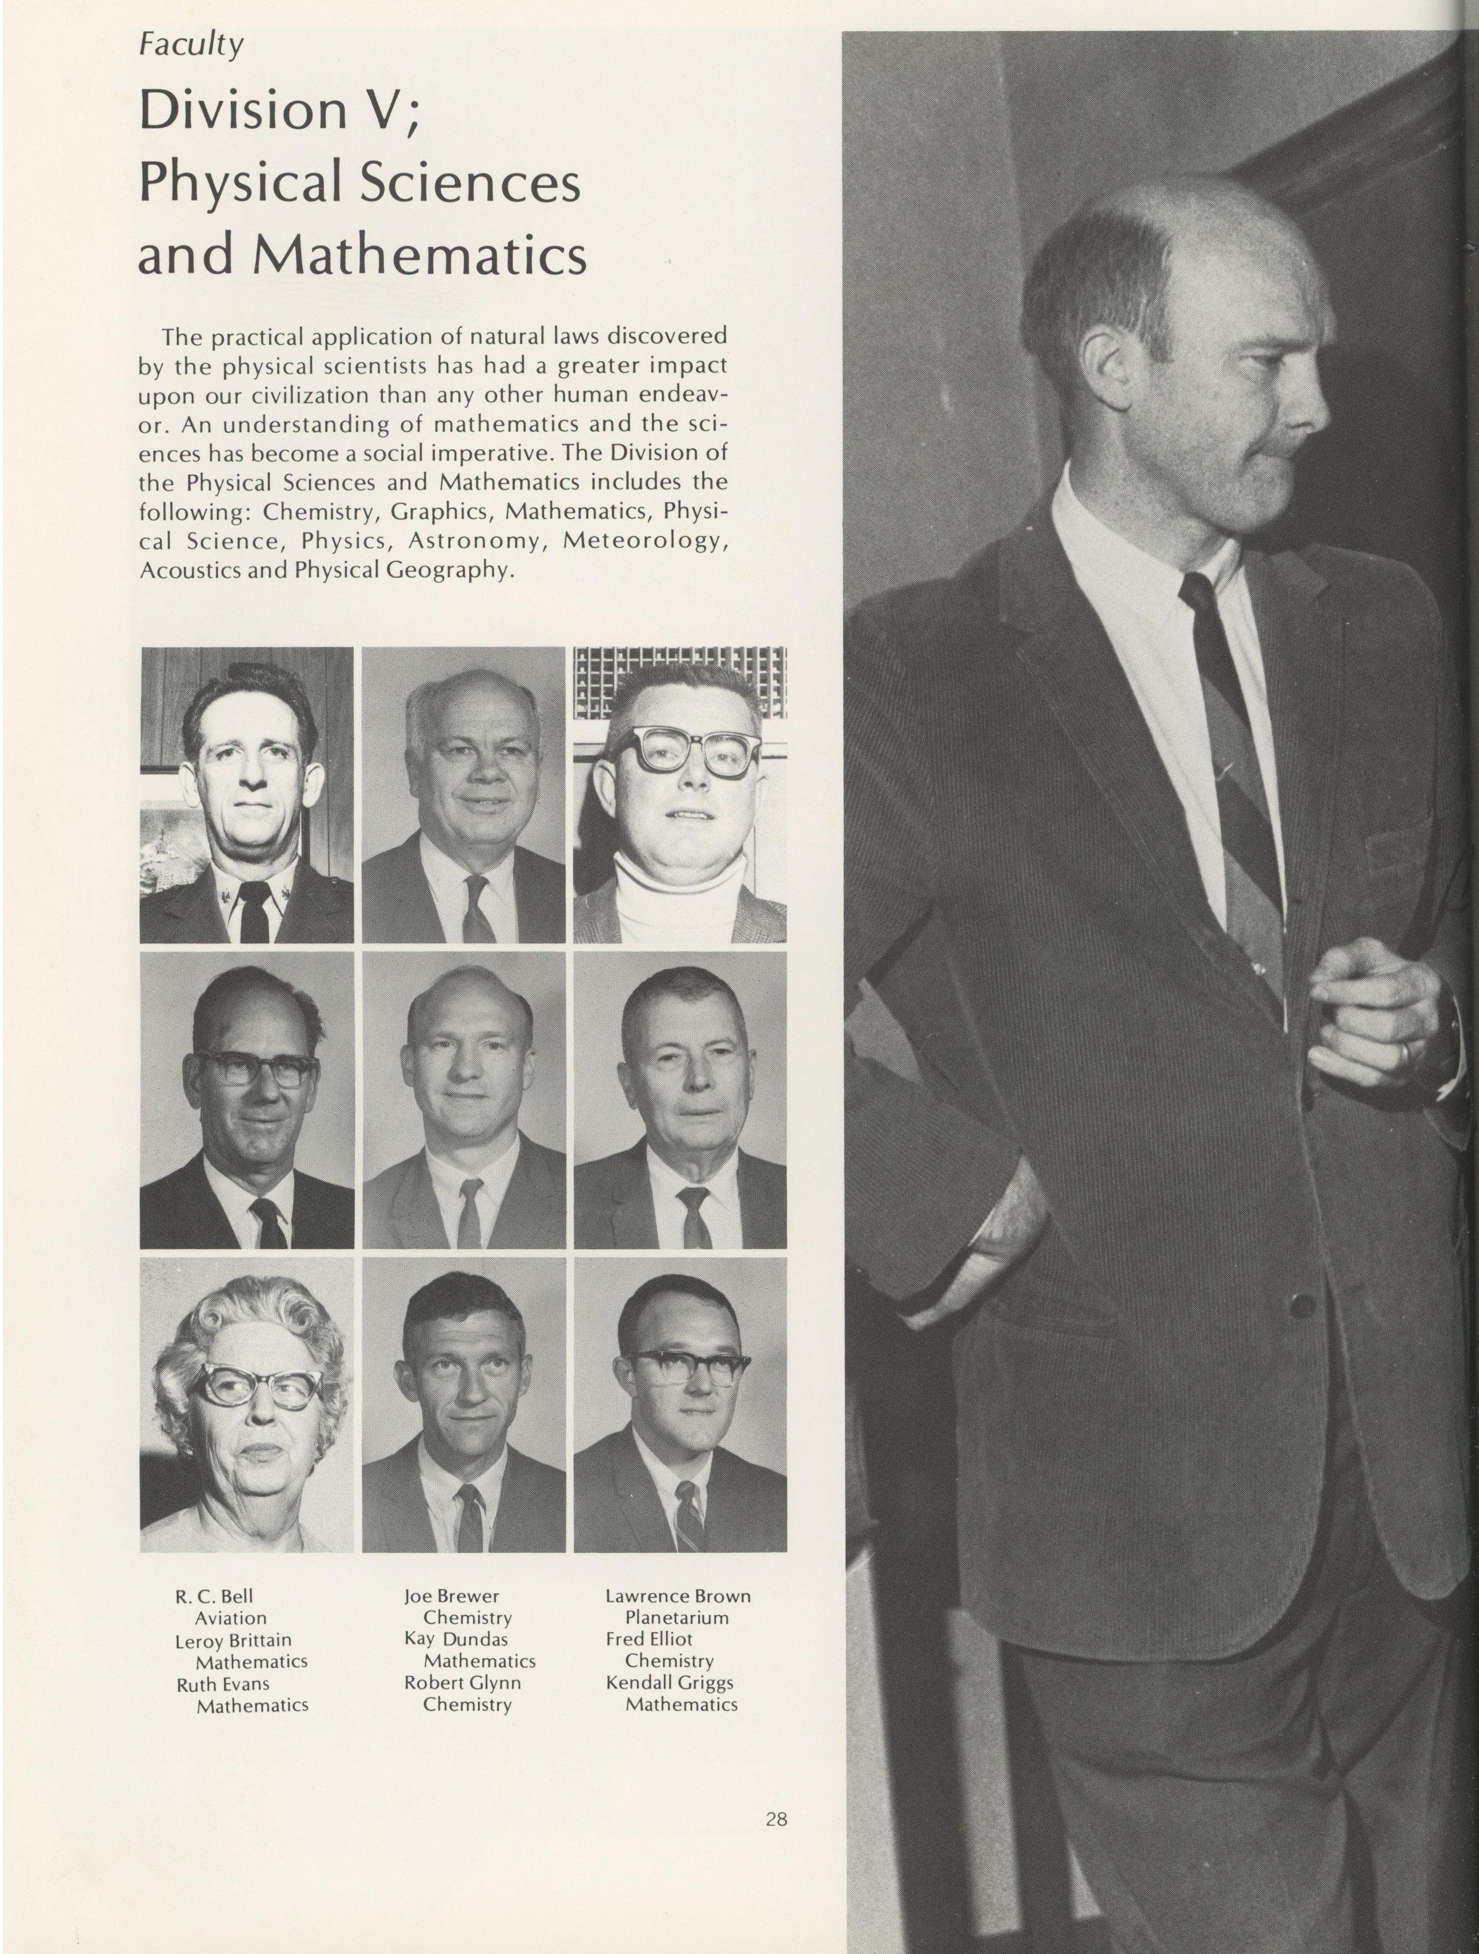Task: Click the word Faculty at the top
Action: pyautogui.click(x=191, y=44)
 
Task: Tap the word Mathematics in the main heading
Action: pyautogui.click(x=420, y=256)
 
